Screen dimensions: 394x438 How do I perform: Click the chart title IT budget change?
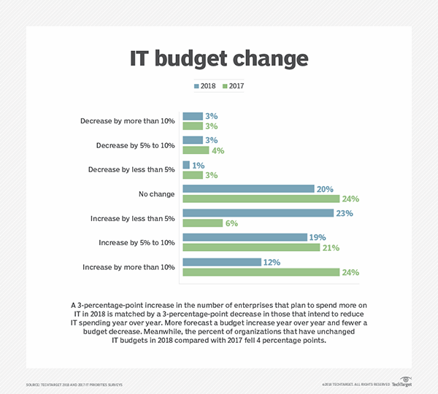[x=219, y=58]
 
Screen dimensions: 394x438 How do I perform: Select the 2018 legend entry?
[x=205, y=86]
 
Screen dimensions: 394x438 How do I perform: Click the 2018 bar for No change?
[x=248, y=189]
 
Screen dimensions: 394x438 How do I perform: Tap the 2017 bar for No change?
[x=261, y=198]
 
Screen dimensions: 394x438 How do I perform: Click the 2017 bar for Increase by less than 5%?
[x=202, y=223]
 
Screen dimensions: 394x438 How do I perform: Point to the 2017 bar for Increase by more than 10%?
[x=261, y=272]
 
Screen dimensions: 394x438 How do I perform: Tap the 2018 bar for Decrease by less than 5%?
[x=186, y=165]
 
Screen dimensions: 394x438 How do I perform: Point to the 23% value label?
[x=344, y=214]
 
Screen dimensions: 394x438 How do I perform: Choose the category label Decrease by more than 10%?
[x=127, y=120]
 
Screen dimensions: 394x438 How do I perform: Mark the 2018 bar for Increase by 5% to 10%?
[x=245, y=238]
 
